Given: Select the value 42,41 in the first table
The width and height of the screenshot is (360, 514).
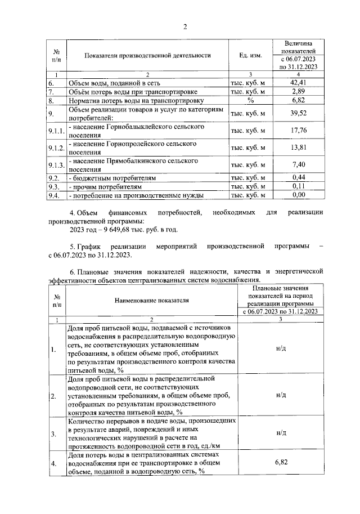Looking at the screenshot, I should pos(298,83).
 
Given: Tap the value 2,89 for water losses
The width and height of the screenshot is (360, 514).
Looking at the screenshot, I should pos(298,91).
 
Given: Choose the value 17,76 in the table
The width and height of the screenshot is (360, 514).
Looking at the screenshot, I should pos(298,131).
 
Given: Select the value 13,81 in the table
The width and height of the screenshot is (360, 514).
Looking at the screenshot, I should pos(298,148).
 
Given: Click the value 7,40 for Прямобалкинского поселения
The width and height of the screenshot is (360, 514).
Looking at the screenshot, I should pos(298,165).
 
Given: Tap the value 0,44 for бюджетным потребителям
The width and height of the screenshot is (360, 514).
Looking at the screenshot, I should pos(298,178).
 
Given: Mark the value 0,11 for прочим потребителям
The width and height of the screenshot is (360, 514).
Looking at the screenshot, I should pos(298,186).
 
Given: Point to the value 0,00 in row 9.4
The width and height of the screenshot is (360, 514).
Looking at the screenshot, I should pos(298,195).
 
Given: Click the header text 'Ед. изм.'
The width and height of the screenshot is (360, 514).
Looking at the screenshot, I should pos(251,56).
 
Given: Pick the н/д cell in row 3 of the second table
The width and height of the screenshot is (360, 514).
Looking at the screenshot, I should pos(281,433).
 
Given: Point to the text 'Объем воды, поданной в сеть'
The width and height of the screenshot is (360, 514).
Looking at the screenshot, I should pos(109,83).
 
